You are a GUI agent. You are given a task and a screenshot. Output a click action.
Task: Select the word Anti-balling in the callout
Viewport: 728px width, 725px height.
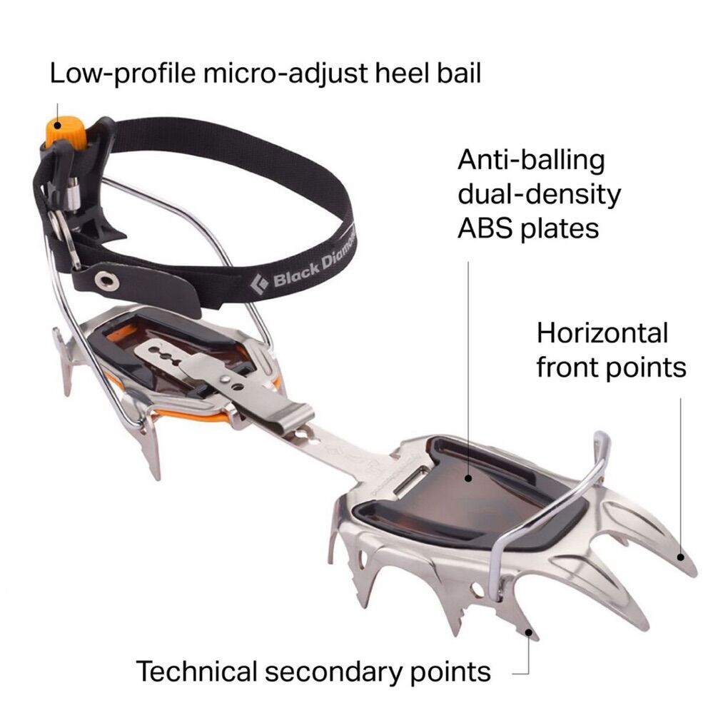[531, 160]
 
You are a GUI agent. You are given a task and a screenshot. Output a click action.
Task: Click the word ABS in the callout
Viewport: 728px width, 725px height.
[485, 228]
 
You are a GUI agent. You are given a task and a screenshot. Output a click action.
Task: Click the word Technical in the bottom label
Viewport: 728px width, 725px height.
[196, 671]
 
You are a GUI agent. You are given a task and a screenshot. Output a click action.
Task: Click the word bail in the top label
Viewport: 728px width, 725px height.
[457, 74]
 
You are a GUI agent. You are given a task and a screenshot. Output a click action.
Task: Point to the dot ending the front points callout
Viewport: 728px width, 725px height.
[682, 558]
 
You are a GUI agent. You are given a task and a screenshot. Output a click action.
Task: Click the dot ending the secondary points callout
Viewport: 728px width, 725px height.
[528, 631]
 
